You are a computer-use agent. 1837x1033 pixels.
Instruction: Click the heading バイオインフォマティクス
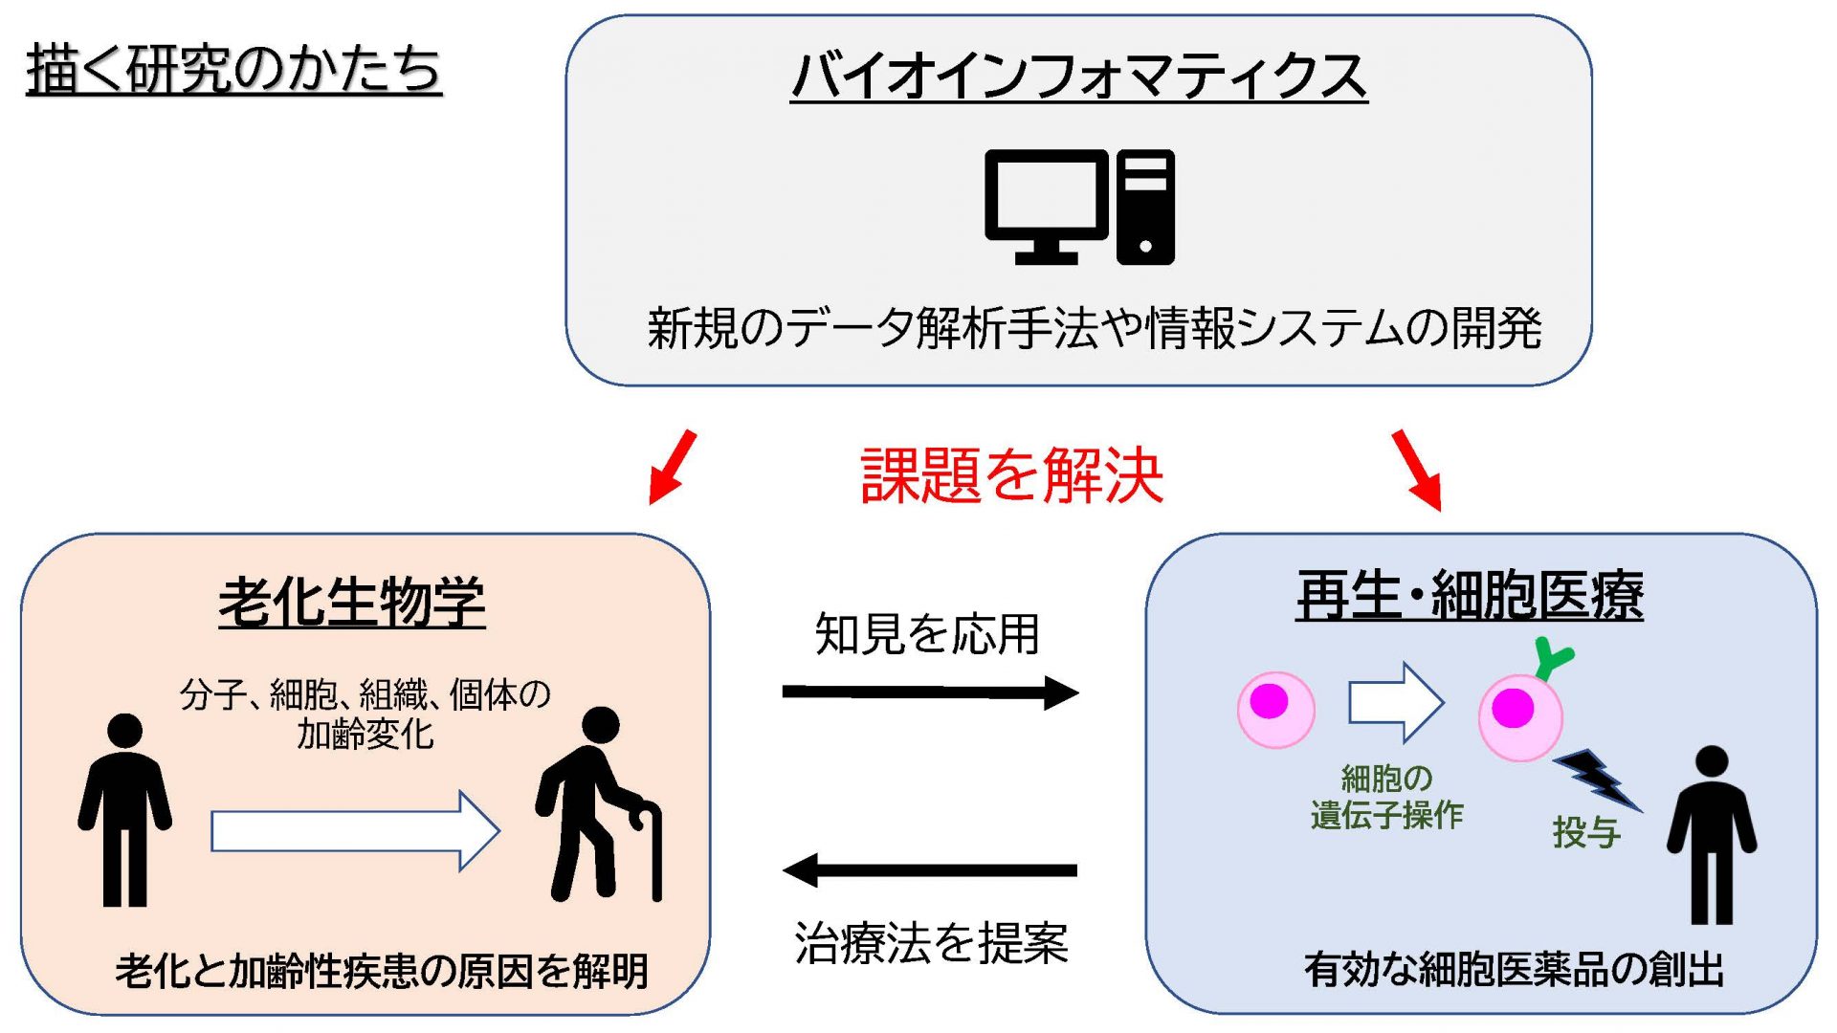coord(1078,77)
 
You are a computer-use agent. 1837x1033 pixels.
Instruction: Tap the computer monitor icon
coord(1046,207)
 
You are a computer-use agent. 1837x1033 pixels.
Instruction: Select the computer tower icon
coord(1145,207)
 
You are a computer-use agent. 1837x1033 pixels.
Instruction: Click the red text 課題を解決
coord(1011,475)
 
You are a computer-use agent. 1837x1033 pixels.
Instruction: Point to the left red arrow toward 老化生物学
coord(673,467)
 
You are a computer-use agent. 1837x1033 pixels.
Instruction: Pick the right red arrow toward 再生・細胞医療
coord(1417,470)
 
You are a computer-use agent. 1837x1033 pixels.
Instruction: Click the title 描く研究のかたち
coord(233,69)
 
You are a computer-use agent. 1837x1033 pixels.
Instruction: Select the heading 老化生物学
coord(352,602)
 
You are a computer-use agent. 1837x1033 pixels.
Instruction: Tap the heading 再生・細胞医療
coord(1470,595)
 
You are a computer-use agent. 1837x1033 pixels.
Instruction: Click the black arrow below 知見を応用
coord(930,692)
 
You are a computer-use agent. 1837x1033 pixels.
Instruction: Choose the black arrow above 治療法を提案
coord(930,869)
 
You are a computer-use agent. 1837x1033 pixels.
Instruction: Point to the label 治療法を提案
coord(931,943)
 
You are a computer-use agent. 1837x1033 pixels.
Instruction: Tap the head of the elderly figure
coord(601,725)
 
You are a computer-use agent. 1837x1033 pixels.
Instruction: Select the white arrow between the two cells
coord(1396,703)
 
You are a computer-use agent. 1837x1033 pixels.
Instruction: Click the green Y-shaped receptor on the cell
coord(1552,659)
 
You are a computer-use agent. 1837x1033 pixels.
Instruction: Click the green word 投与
coord(1586,832)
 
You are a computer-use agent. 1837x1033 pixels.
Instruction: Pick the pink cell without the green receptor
coord(1275,709)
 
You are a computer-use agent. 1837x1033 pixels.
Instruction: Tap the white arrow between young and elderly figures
coord(355,830)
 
